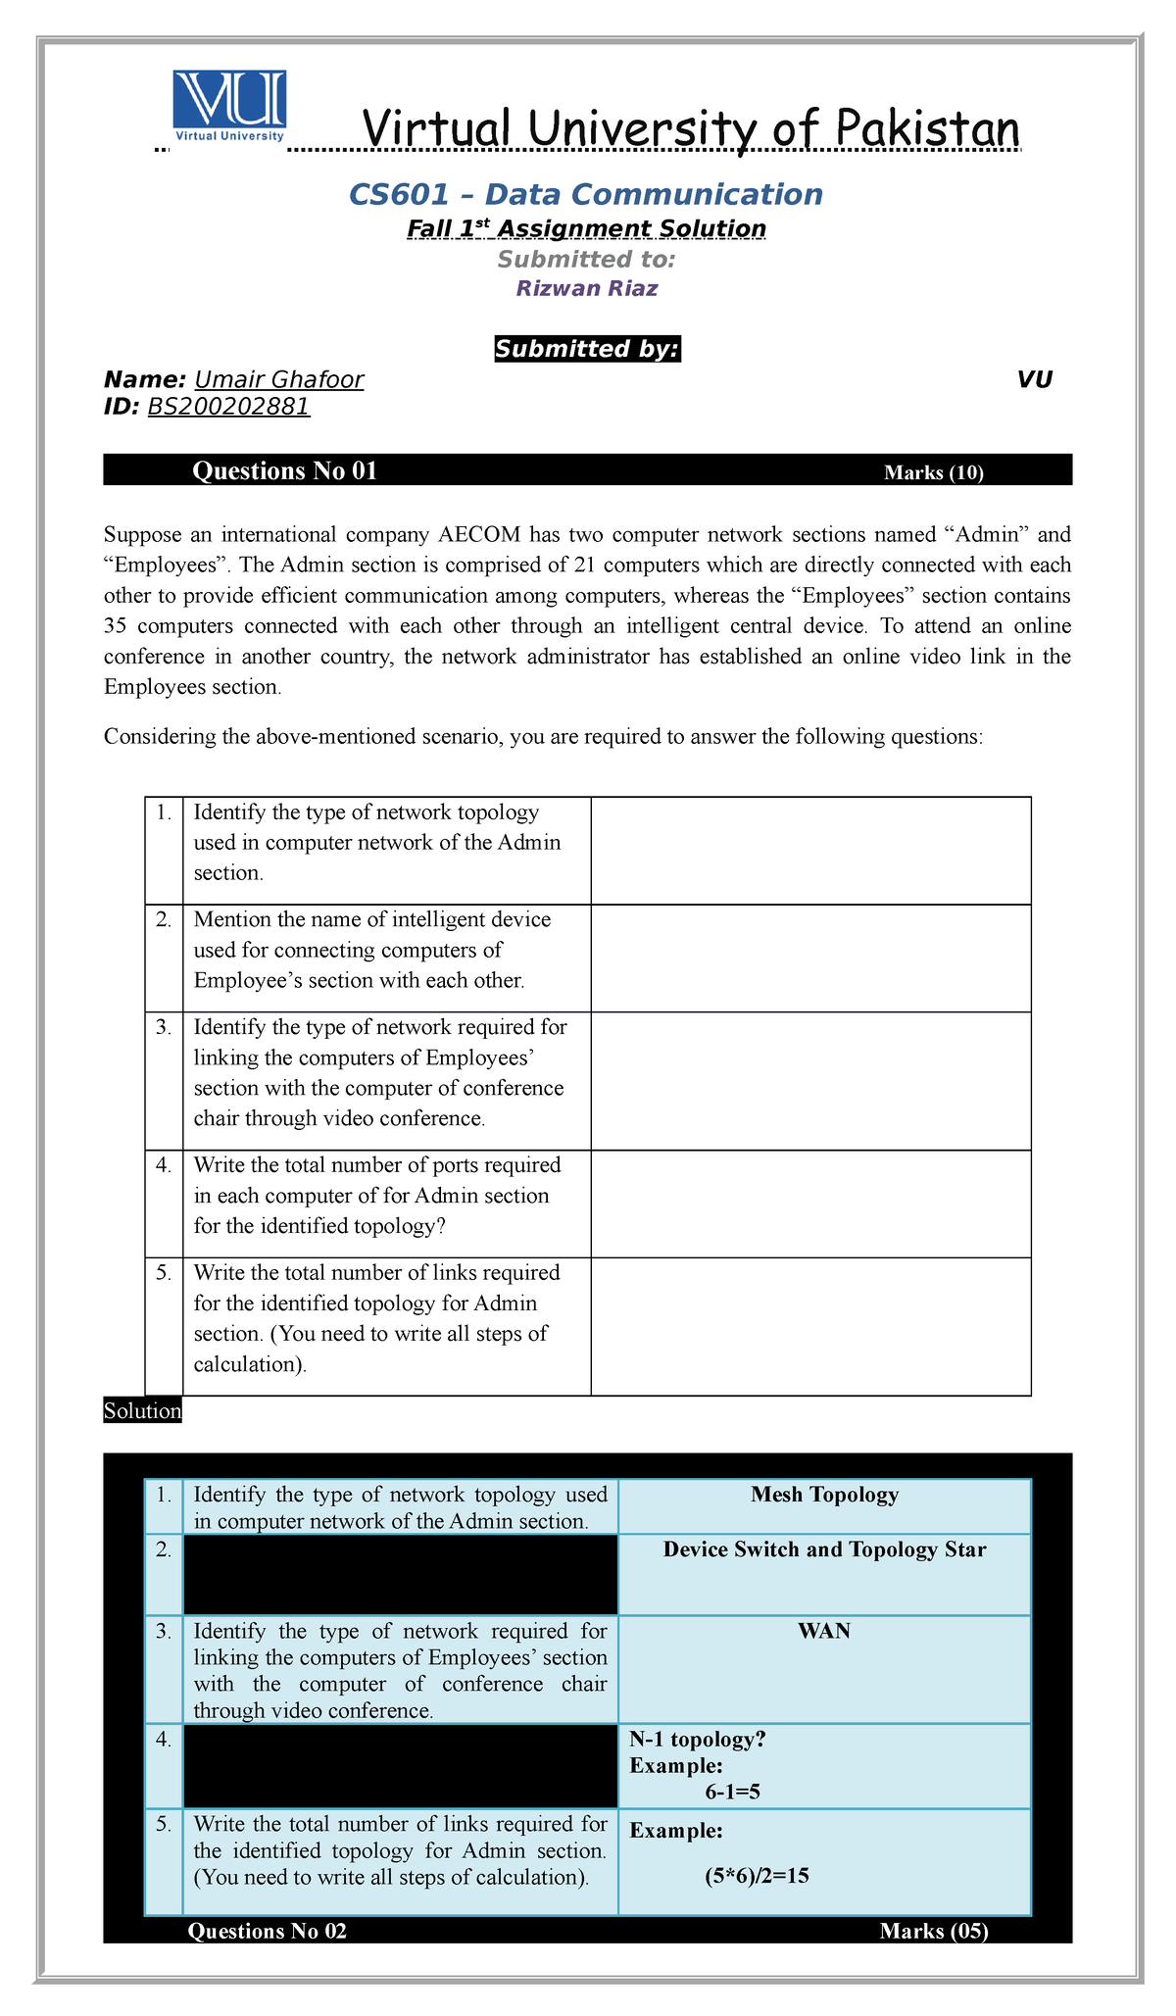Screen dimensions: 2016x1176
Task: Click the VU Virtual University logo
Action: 229,106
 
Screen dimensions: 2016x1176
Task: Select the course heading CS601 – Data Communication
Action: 586,194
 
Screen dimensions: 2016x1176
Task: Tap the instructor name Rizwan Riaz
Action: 586,288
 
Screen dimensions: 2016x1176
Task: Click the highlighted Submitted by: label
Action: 586,349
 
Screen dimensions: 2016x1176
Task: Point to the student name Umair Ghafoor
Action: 279,380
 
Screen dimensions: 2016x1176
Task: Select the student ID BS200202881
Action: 228,407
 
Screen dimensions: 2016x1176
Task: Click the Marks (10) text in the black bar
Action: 933,472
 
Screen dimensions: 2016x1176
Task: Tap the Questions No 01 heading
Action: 284,471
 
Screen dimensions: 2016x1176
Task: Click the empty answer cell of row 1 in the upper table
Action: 810,850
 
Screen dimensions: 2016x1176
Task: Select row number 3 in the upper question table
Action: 164,1027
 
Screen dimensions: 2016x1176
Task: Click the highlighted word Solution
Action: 142,1411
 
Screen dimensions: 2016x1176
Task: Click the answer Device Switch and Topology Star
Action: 824,1549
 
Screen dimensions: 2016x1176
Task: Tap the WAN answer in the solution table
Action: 824,1631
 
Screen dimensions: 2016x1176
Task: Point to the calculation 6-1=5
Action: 733,1792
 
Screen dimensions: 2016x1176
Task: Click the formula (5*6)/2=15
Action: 755,1876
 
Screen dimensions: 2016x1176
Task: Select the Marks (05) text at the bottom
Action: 933,1931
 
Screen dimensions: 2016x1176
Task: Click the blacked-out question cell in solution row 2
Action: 400,1573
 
